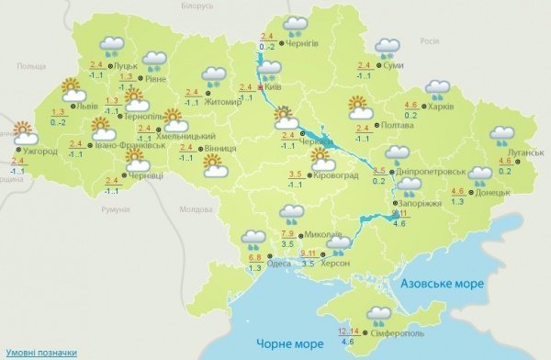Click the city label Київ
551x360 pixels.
pyautogui.click(x=274, y=89)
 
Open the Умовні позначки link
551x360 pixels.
pyautogui.click(x=39, y=351)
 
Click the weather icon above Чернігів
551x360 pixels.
pyautogui.click(x=296, y=25)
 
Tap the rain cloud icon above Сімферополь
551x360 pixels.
pyautogui.click(x=377, y=317)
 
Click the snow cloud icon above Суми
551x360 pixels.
pyautogui.click(x=387, y=46)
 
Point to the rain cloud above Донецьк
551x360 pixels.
pyautogui.click(x=479, y=174)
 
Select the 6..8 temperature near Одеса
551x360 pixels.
pyautogui.click(x=255, y=257)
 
